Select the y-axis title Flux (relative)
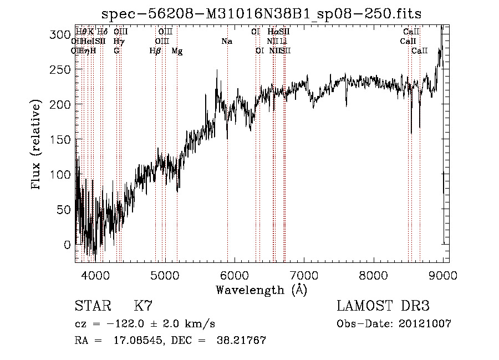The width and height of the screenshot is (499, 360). pos(37,145)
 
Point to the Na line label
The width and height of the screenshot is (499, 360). pos(227,42)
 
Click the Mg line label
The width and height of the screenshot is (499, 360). pos(177,51)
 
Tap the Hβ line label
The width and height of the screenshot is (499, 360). pos(156,51)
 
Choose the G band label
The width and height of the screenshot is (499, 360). pos(116,51)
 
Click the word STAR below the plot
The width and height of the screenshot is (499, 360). pos(92,306)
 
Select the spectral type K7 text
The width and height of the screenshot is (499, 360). pos(143,306)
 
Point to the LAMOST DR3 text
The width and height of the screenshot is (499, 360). pos(383,306)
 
